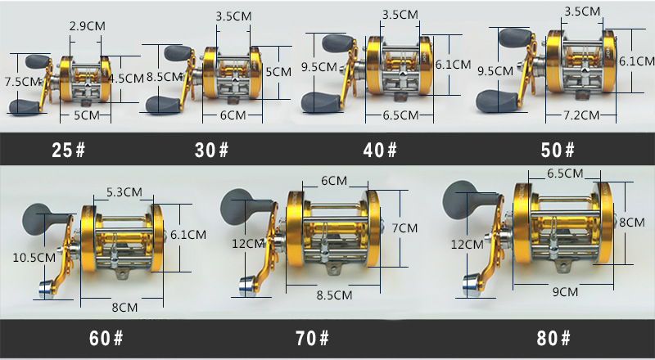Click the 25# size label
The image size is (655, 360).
click(69, 150)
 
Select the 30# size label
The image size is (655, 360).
click(212, 150)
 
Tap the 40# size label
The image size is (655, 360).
click(380, 150)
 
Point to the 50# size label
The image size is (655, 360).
click(558, 150)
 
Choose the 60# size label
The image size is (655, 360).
click(106, 338)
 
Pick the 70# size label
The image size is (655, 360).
click(313, 338)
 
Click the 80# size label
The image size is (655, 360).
click(553, 338)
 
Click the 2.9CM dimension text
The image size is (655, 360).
click(88, 26)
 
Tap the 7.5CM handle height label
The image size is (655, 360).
click(22, 82)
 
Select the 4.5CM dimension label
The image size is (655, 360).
click(127, 78)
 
